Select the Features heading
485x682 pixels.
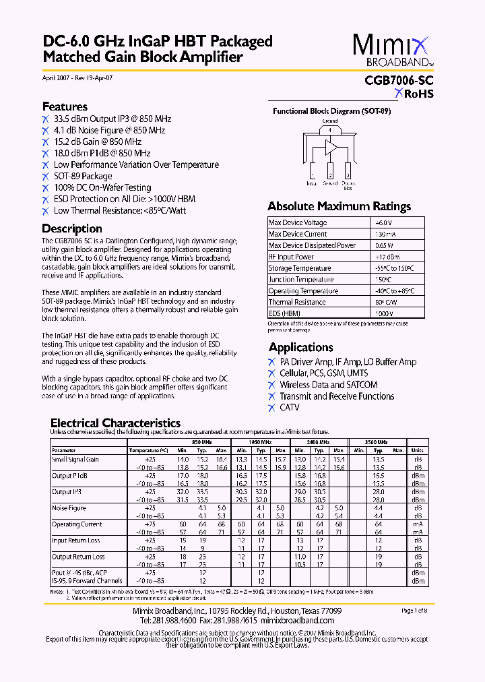pos(65,106)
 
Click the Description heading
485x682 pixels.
pos(72,228)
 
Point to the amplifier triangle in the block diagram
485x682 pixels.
pos(331,147)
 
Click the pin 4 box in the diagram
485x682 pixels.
pos(330,130)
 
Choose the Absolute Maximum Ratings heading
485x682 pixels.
pos(339,206)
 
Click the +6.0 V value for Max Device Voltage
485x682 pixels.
pos(384,222)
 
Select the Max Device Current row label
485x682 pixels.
pos(298,234)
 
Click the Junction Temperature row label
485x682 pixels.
pos(300,280)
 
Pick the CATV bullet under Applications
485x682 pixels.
pos(290,408)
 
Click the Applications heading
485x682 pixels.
pos(300,347)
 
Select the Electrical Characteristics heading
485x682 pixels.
pos(115,423)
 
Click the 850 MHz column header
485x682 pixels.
pos(201,442)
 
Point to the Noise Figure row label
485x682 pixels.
pos(69,508)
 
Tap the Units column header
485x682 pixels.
pos(417,450)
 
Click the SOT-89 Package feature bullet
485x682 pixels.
pos(83,176)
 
